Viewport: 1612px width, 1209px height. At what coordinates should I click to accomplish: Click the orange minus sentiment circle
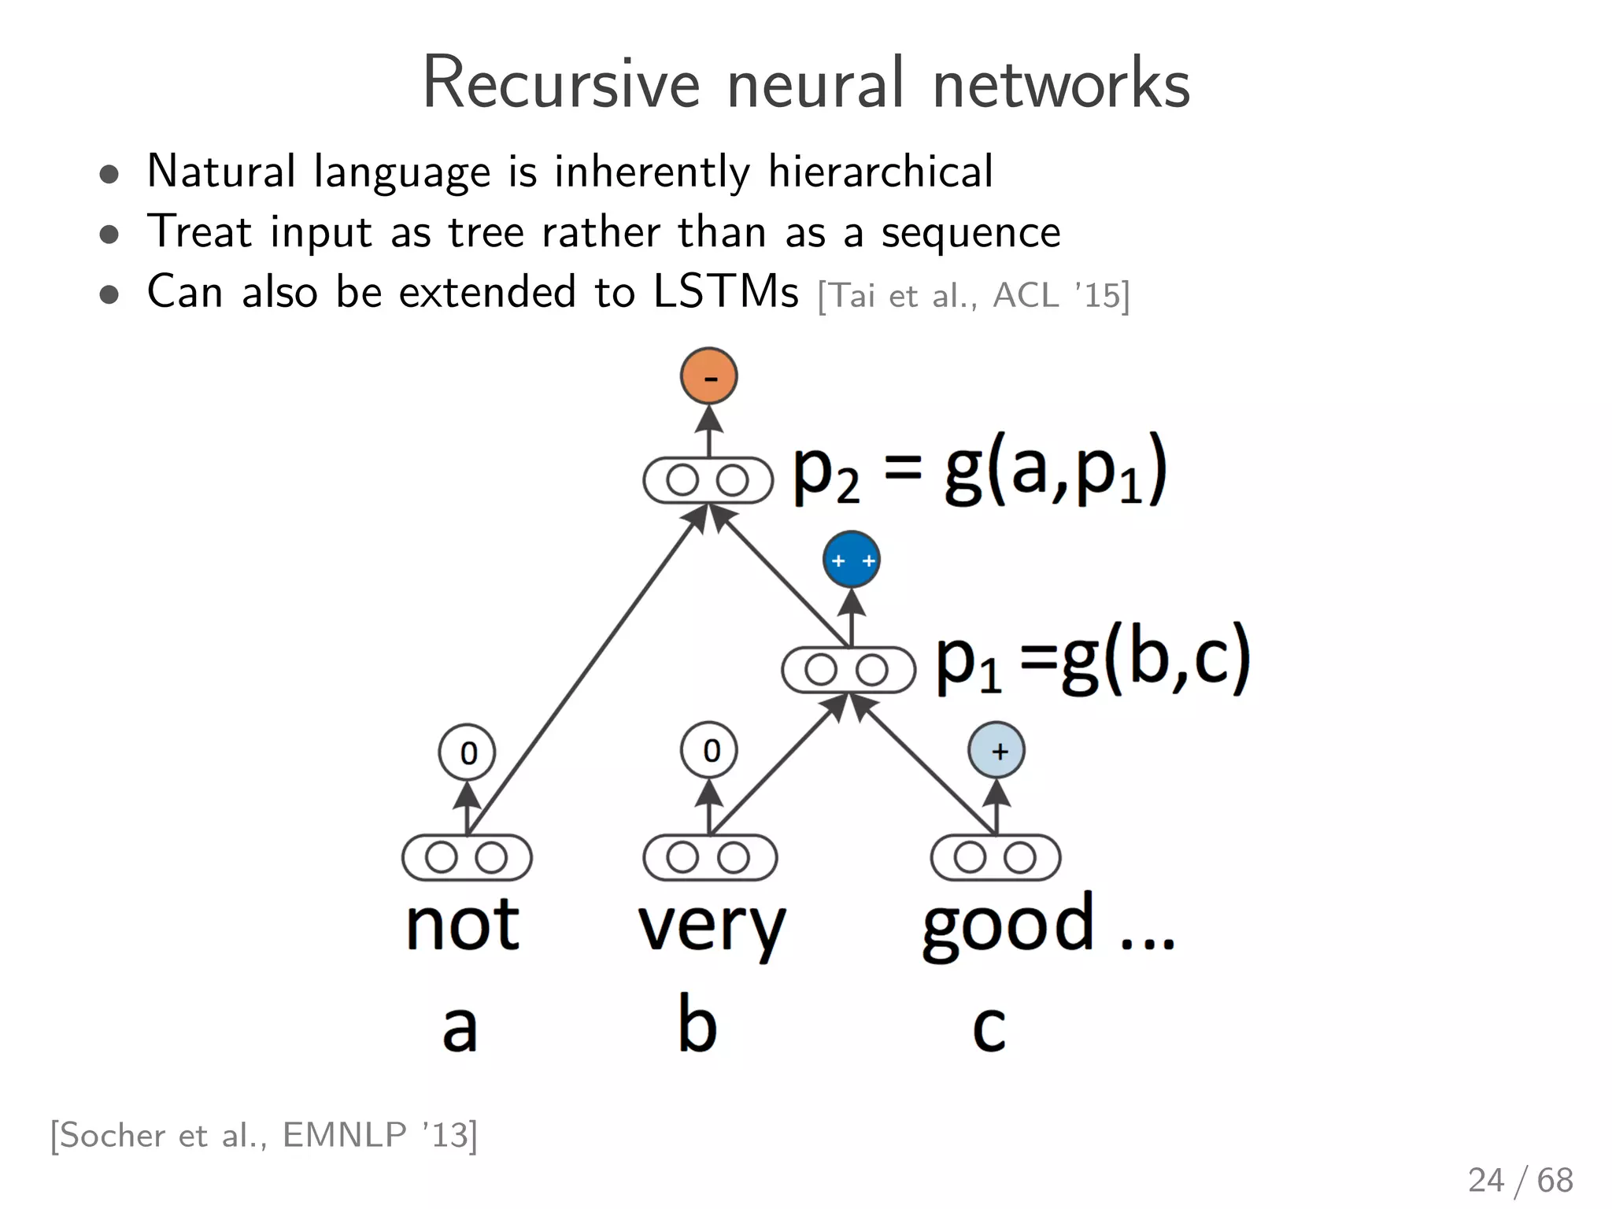click(708, 376)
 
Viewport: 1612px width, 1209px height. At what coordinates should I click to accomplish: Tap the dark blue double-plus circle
click(851, 560)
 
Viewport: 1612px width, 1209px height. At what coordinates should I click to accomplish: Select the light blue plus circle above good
click(996, 750)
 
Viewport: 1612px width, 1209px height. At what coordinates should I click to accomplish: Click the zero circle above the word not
click(467, 752)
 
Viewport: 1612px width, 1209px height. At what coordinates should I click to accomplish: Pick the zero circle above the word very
click(709, 750)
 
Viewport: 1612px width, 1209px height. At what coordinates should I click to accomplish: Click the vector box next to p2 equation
click(708, 480)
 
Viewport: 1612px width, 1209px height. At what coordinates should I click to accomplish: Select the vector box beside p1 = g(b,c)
click(848, 671)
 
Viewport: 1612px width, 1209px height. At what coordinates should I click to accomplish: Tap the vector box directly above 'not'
click(467, 858)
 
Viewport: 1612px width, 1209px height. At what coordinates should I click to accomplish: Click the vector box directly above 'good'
click(995, 858)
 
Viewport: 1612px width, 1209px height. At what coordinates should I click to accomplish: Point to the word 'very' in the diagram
click(711, 927)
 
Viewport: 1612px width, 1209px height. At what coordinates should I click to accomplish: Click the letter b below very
click(697, 1023)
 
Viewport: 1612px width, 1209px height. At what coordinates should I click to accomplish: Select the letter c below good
click(989, 1028)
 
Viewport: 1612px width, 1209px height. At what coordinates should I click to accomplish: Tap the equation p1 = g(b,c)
click(1093, 660)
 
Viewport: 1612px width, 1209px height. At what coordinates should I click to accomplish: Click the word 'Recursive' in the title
click(560, 83)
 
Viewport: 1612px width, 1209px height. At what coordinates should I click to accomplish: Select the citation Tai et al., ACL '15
click(974, 296)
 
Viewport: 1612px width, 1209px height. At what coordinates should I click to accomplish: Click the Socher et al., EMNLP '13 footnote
click(264, 1135)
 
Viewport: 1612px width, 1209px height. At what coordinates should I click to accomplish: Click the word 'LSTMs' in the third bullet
click(726, 292)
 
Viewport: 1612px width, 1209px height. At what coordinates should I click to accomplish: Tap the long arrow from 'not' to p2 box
click(582, 674)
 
